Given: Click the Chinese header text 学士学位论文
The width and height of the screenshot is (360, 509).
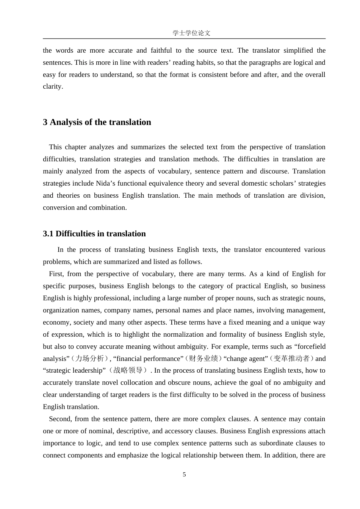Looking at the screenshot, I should click(x=191, y=33).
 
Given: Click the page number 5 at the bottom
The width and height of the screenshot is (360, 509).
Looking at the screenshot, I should click(x=184, y=475).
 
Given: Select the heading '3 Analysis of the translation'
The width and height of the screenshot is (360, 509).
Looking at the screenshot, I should click(x=97, y=122).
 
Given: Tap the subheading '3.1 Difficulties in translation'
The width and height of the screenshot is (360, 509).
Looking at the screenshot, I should click(x=94, y=234).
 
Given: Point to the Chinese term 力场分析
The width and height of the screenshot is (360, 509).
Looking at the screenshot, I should click(x=89, y=359).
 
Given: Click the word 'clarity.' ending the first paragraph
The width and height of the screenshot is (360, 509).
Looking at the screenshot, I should click(x=53, y=86).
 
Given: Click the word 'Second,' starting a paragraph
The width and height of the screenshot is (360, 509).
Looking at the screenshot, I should click(x=60, y=419).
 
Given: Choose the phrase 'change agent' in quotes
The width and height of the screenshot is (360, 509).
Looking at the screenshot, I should click(x=247, y=359).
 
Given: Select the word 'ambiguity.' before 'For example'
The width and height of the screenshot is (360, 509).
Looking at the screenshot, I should click(x=193, y=347).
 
